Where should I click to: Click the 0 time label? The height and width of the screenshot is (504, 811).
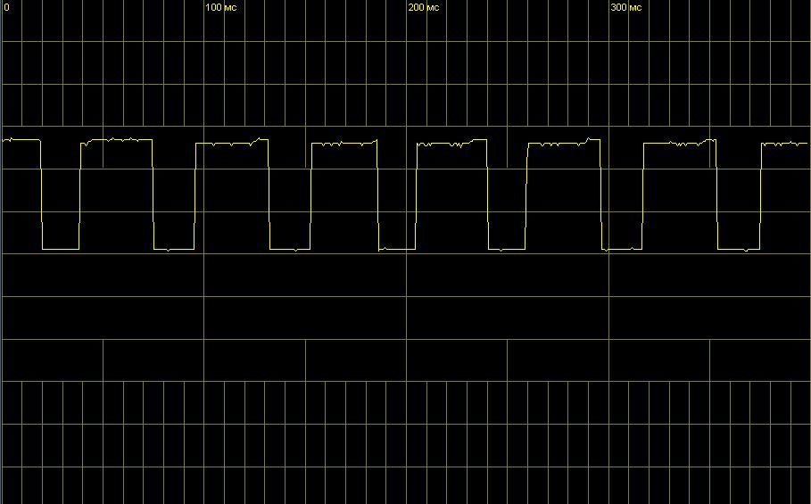click(x=7, y=7)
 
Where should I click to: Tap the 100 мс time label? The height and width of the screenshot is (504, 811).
click(x=221, y=7)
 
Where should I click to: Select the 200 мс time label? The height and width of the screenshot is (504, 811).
click(x=424, y=7)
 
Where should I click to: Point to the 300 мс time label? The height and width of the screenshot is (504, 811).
click(x=625, y=7)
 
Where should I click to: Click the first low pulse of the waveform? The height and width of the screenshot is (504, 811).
click(x=61, y=249)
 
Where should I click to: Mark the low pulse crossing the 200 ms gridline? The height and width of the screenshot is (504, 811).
click(x=397, y=249)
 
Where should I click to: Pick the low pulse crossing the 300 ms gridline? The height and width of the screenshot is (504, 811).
click(x=622, y=249)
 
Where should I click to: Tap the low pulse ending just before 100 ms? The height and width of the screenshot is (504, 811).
click(x=174, y=249)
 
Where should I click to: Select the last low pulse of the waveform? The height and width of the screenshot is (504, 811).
click(x=739, y=249)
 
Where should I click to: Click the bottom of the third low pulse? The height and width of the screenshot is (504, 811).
click(x=290, y=249)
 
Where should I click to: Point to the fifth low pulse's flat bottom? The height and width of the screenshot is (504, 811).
click(x=507, y=249)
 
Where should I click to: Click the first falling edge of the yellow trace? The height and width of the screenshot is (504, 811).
click(x=41, y=194)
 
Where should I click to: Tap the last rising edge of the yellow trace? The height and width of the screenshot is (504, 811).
click(x=761, y=195)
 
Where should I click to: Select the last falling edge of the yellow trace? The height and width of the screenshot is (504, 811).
click(x=716, y=194)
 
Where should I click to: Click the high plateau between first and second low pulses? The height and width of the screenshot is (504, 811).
click(x=117, y=139)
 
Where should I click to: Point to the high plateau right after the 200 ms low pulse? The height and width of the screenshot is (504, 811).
click(x=451, y=144)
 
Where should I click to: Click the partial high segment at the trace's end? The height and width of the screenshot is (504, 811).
click(x=784, y=144)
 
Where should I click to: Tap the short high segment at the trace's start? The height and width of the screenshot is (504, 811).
click(x=21, y=139)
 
